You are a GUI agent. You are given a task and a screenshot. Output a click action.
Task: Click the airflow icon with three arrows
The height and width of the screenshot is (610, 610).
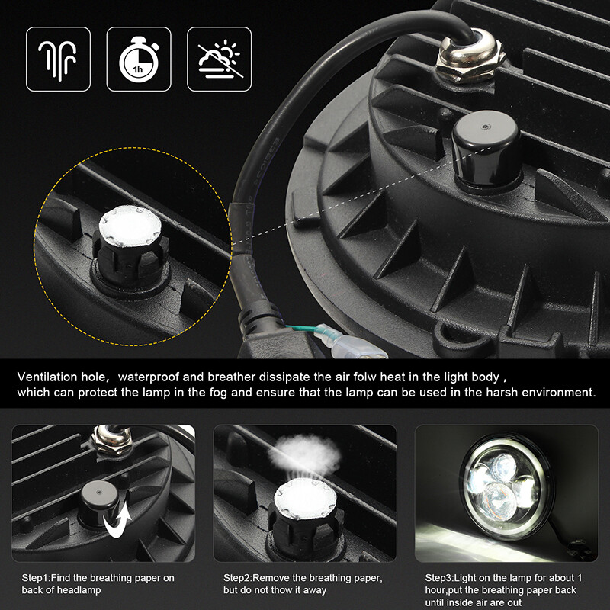58,59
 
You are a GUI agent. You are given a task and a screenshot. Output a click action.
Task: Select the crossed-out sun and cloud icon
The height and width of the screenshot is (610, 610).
219,59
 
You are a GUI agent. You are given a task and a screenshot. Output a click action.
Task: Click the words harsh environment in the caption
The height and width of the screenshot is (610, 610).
543,393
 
